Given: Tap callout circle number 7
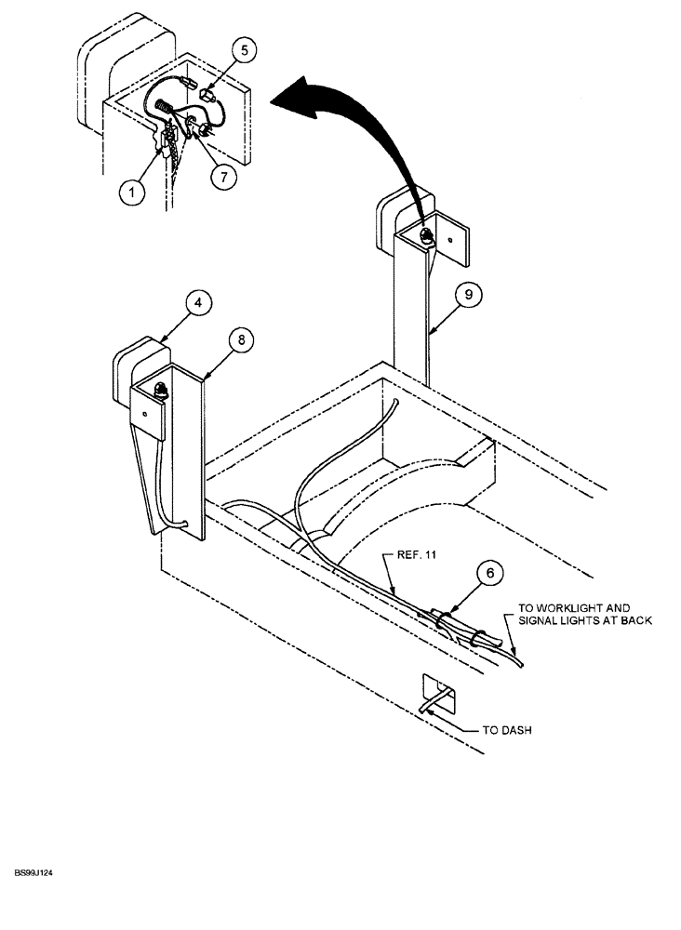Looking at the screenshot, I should click(222, 174).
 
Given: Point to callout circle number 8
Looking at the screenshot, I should click(240, 340).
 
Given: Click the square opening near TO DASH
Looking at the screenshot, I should click(438, 693).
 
